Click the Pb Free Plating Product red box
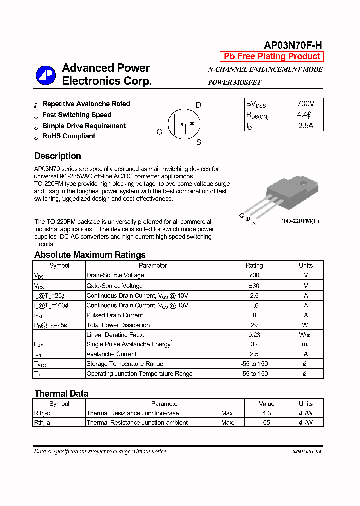pyautogui.click(x=272, y=57)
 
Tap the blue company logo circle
pyautogui.click(x=46, y=75)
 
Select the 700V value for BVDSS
pyautogui.click(x=305, y=104)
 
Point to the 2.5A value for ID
pyautogui.click(x=305, y=126)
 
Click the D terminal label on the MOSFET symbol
pyautogui.click(x=198, y=105)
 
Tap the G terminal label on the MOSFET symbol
pyautogui.click(x=159, y=132)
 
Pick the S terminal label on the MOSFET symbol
pyautogui.click(x=199, y=142)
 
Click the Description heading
pyautogui.click(x=58, y=156)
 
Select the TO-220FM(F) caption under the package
pyautogui.click(x=300, y=221)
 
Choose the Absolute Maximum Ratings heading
pyautogui.click(x=90, y=255)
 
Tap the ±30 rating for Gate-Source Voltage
pyautogui.click(x=254, y=286)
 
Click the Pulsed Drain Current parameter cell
pyautogui.click(x=115, y=315)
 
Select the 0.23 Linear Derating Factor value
pyautogui.click(x=254, y=335)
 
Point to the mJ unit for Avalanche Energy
pyautogui.click(x=305, y=344)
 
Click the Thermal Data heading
pyautogui.click(x=61, y=394)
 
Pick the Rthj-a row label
pyautogui.click(x=45, y=423)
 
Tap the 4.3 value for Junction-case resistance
pyautogui.click(x=266, y=413)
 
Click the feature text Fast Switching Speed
pyautogui.click(x=77, y=115)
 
